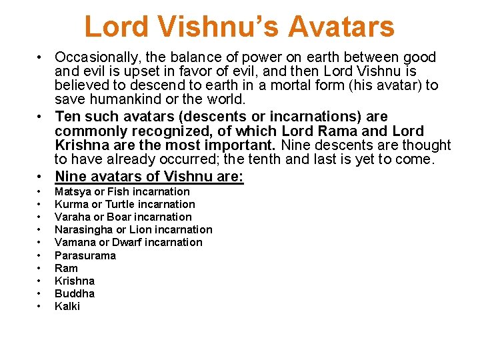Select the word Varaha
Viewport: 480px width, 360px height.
coord(72,217)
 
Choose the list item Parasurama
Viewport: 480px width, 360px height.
coord(85,255)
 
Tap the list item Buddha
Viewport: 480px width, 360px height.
coord(74,293)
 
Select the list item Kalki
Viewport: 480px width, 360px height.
coord(67,306)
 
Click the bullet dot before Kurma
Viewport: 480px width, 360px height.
coord(40,205)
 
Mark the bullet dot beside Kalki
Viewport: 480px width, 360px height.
coord(40,307)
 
